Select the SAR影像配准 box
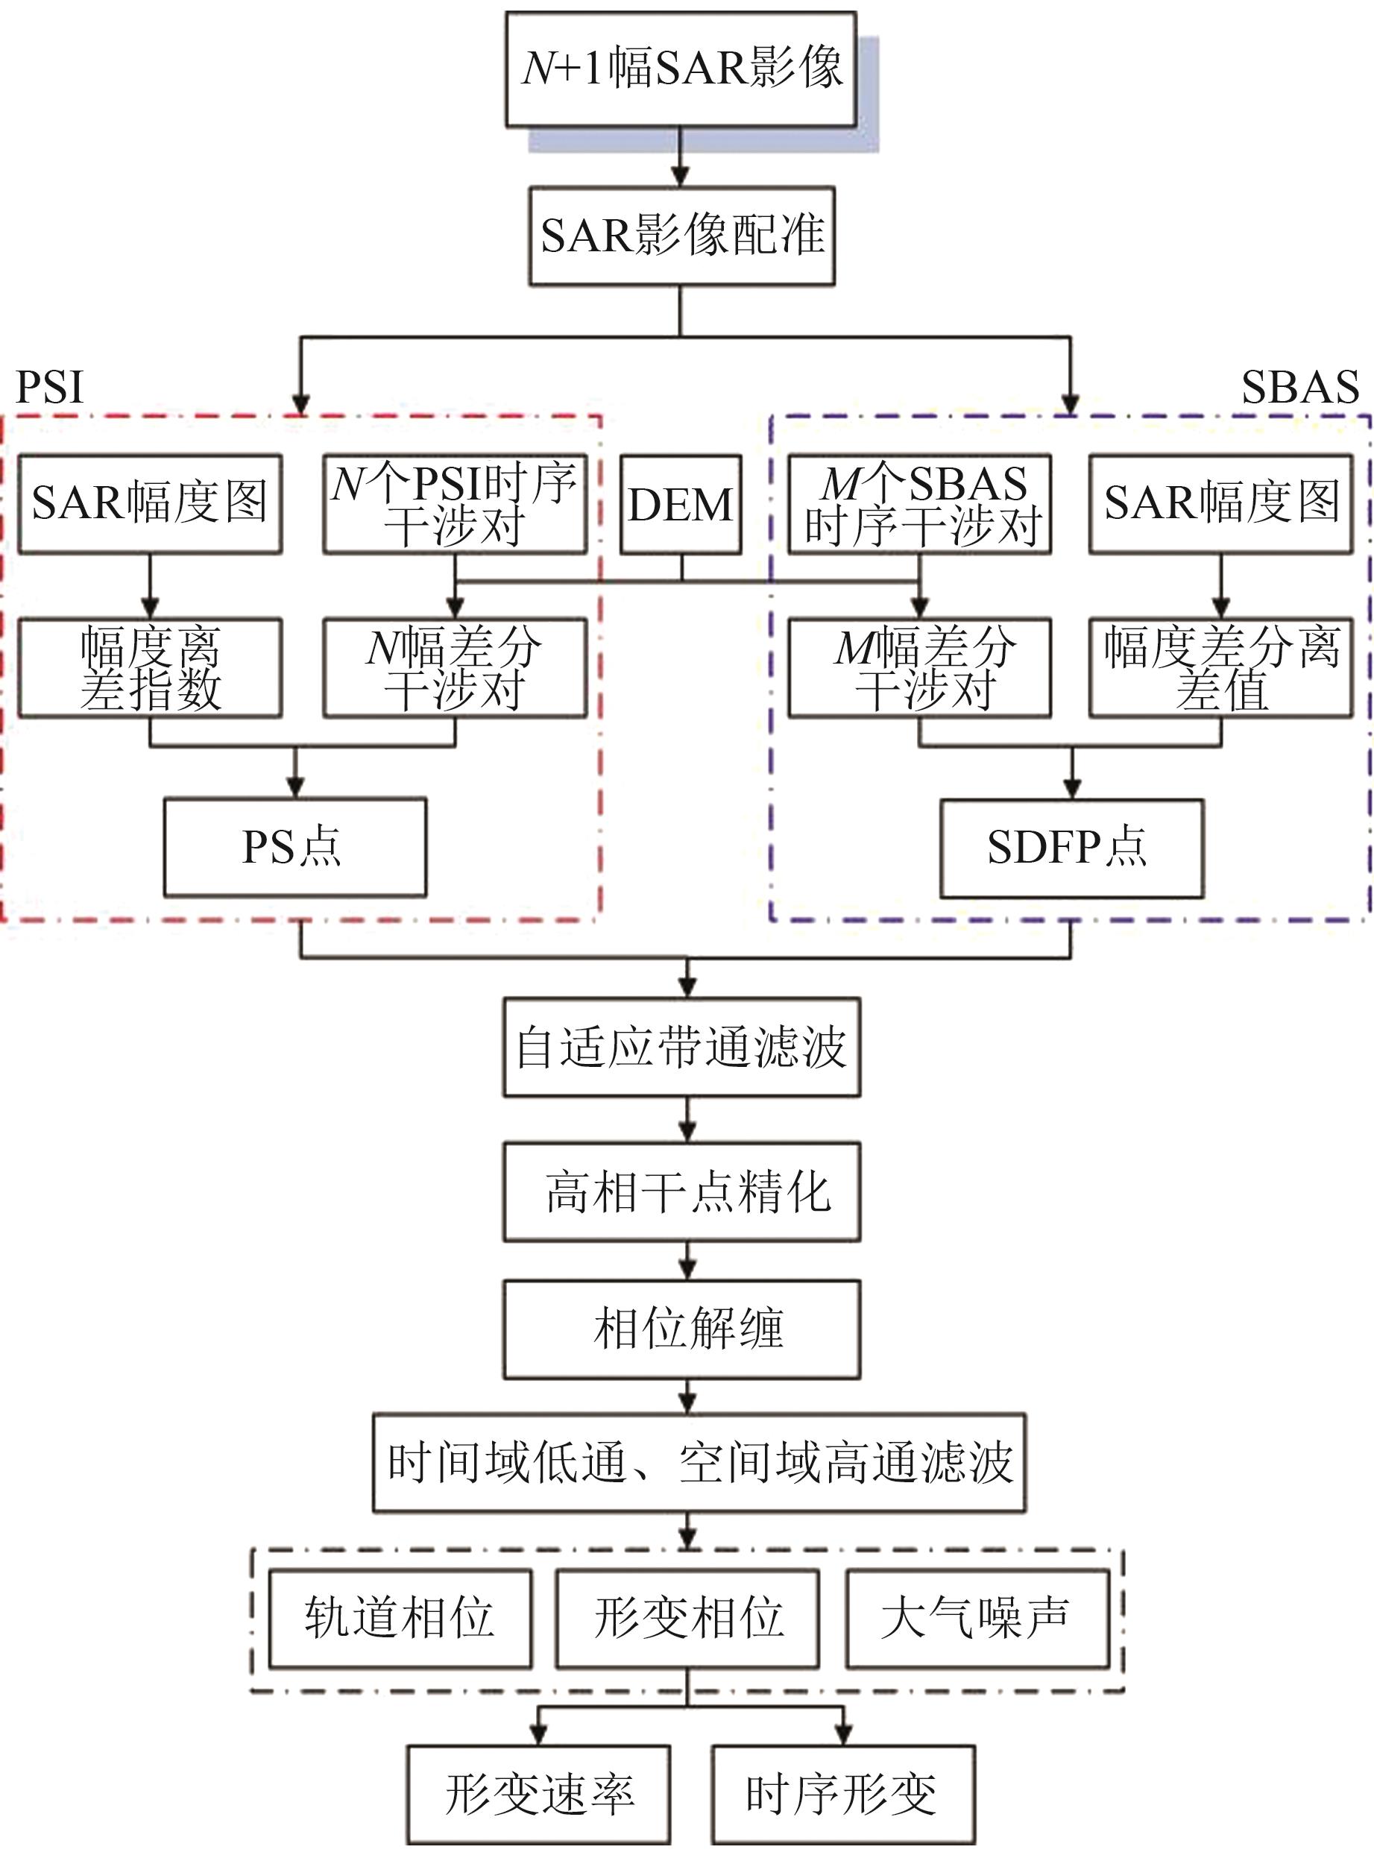click(681, 236)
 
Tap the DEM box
click(681, 504)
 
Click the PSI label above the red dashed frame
click(50, 387)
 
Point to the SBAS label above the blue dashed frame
click(1299, 387)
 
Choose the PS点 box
click(294, 847)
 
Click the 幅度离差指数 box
click(150, 667)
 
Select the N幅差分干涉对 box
click(455, 667)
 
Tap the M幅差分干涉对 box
click(919, 667)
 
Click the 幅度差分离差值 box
click(1221, 667)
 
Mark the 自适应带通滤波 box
click(681, 1046)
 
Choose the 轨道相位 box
click(400, 1619)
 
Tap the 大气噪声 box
click(977, 1619)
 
